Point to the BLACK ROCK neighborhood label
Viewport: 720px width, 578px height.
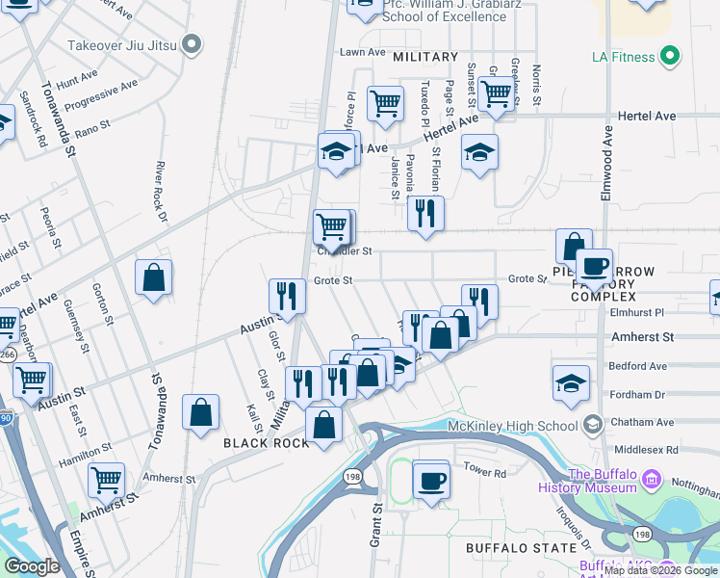266,443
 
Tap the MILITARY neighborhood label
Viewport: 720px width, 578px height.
425,58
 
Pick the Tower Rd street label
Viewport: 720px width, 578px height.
485,473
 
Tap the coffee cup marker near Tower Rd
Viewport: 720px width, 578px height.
431,479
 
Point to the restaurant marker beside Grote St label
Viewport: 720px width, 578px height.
286,294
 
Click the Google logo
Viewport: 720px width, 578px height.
31,565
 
